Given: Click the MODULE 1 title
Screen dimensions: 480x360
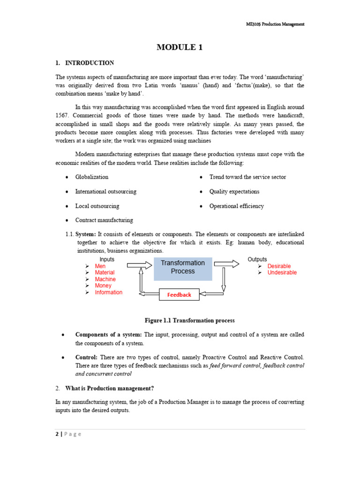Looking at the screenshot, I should pos(180,47).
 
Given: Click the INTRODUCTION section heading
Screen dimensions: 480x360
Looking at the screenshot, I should pos(89,63).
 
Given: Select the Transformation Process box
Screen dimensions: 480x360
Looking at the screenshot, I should pos(183,267).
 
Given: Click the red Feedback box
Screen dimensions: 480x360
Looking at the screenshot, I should pos(179,295).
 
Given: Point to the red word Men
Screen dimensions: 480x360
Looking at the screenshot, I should pos(100,266).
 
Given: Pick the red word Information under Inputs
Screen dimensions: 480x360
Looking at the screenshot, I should pos(108,292).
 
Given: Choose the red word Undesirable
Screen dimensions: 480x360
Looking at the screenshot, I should pos(282,273).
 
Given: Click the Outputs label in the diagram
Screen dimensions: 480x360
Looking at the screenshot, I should pos(257,259).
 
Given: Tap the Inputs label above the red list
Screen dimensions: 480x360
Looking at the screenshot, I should pos(107,259).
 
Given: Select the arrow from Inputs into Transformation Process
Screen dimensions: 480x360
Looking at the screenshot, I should pos(139,265).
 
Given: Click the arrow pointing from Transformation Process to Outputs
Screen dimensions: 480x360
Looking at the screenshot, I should pos(226,264).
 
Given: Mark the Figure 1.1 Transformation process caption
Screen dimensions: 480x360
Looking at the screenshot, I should pos(189,321).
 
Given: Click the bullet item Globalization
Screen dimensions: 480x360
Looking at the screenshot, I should pos(92,177).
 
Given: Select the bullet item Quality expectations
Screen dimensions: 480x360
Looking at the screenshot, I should pos(234,192).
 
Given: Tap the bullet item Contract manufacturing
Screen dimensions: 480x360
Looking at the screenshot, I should pos(104,220).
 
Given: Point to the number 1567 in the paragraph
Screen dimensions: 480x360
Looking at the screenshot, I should pos(63,115).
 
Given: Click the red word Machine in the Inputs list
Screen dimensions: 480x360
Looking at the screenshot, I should pos(105,279).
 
